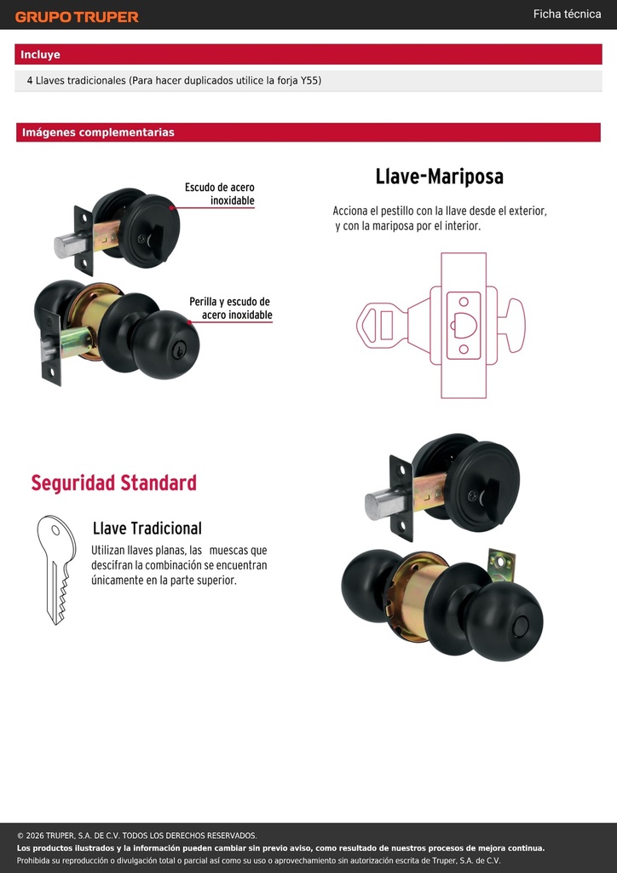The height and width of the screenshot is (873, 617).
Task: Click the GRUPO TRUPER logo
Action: (x=77, y=17)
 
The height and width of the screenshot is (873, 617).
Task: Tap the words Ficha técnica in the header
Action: (x=567, y=14)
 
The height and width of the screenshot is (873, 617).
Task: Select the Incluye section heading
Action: (x=40, y=55)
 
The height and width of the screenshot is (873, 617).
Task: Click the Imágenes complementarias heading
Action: (x=98, y=132)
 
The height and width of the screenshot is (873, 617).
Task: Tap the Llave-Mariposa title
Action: (x=440, y=176)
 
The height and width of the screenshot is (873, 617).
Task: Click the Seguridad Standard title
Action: (x=113, y=483)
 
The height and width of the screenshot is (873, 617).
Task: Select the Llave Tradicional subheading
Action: (x=147, y=528)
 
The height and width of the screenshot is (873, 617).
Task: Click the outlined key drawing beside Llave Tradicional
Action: (x=56, y=569)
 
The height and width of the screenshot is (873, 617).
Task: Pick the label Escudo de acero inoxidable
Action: (x=220, y=194)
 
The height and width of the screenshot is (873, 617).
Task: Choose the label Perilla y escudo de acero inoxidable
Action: (x=230, y=308)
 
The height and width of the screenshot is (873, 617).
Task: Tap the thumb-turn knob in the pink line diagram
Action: (x=512, y=325)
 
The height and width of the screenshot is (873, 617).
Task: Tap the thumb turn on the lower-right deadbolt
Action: (x=492, y=499)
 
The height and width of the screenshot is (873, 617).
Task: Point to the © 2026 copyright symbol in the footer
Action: (x=20, y=835)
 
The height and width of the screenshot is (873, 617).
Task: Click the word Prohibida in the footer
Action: (x=32, y=861)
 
